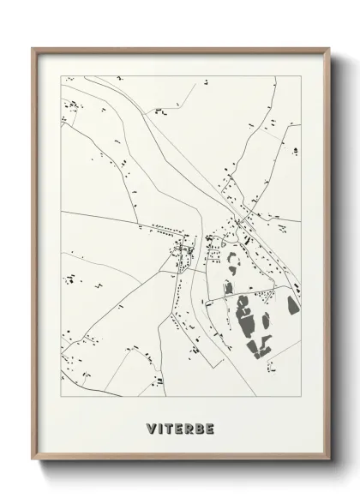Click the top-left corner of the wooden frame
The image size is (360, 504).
[33, 47]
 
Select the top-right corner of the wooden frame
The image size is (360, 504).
[329, 47]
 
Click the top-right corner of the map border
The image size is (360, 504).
[301, 76]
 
